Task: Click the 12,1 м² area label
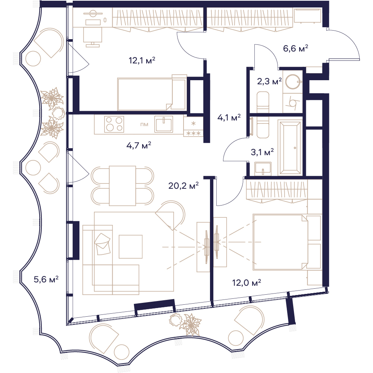[x=142, y=60]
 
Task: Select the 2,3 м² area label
[x=270, y=81]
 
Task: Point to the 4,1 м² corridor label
[x=229, y=117]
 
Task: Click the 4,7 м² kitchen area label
[x=139, y=145]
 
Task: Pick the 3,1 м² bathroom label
[x=262, y=152]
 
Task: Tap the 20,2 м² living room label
[x=184, y=185]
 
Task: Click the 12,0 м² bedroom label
[x=247, y=283]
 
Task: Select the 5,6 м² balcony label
[x=46, y=279]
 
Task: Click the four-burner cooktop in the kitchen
[x=114, y=124]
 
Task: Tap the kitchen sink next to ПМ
[x=164, y=124]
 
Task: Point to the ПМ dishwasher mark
[x=144, y=125]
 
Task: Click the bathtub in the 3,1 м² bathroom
[x=290, y=148]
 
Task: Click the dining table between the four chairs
[x=122, y=186]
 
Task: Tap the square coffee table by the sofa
[x=131, y=247]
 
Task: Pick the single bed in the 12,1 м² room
[x=152, y=94]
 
